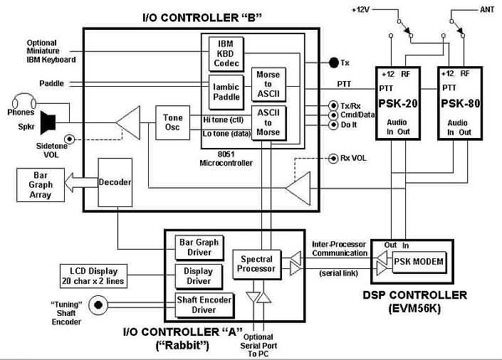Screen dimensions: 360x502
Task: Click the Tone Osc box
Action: click(x=173, y=122)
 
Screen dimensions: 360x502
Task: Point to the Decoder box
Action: click(x=115, y=183)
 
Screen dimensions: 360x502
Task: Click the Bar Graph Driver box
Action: click(x=194, y=246)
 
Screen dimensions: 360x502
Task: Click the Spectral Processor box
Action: click(x=257, y=264)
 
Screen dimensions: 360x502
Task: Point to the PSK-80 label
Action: click(x=459, y=104)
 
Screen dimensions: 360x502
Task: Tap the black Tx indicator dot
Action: click(x=333, y=63)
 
